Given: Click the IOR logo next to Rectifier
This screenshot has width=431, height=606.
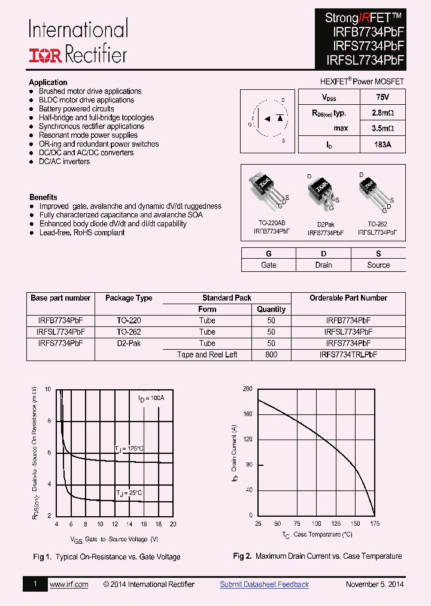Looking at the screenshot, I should pyautogui.click(x=45, y=56).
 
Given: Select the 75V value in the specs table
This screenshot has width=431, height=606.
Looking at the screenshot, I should pyautogui.click(x=382, y=97).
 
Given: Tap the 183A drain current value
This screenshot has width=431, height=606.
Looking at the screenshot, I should pyautogui.click(x=382, y=144).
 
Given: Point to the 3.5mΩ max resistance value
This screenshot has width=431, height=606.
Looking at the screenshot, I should pyautogui.click(x=382, y=128).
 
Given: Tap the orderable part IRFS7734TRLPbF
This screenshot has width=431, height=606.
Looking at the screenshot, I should pyautogui.click(x=348, y=354).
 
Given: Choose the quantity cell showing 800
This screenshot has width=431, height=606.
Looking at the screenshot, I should pyautogui.click(x=271, y=354).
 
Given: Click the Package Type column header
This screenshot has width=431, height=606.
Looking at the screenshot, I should pyautogui.click(x=129, y=298).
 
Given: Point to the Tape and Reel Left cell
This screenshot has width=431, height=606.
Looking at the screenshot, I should pyautogui.click(x=207, y=354).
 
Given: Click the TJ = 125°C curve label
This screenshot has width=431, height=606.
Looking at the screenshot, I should pyautogui.click(x=129, y=449).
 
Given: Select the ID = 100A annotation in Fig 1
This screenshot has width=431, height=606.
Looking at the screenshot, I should pyautogui.click(x=151, y=398).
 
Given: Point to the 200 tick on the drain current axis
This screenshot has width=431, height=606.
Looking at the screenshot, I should pyautogui.click(x=247, y=389).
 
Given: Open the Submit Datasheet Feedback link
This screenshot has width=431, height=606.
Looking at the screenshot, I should pyautogui.click(x=264, y=584).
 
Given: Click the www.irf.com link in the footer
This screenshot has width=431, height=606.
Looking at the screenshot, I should pyautogui.click(x=68, y=584).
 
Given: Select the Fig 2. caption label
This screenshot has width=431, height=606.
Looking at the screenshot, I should pyautogui.click(x=242, y=556).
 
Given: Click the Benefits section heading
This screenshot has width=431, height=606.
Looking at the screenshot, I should pyautogui.click(x=43, y=197).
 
